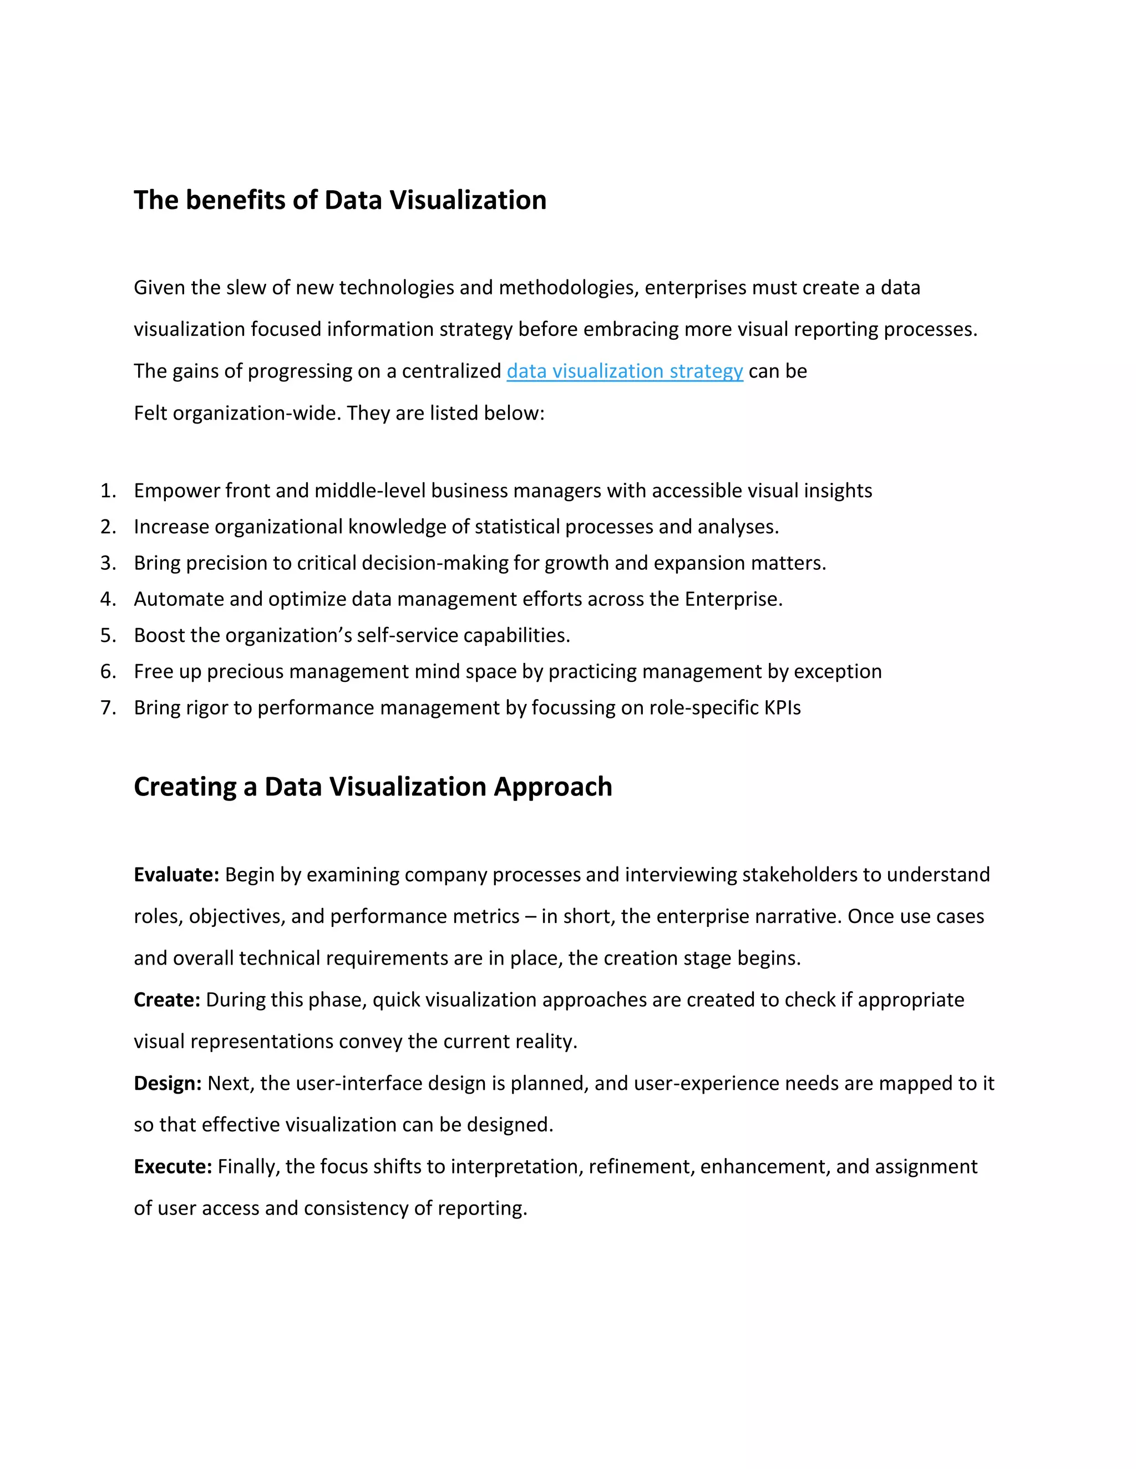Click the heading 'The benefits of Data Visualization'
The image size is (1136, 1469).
340,201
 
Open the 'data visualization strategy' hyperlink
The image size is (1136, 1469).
624,371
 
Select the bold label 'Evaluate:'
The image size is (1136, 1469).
176,874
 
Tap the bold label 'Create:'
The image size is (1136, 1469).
167,999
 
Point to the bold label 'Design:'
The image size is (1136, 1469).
168,1083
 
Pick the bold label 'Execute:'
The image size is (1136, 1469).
173,1166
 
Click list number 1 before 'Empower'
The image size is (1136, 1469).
108,491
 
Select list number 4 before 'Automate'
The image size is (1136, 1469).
108,599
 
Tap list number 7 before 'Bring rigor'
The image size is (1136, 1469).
108,707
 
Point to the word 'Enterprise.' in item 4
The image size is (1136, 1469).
733,599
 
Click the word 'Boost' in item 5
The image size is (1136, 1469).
159,635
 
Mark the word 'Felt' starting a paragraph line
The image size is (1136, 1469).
151,413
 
